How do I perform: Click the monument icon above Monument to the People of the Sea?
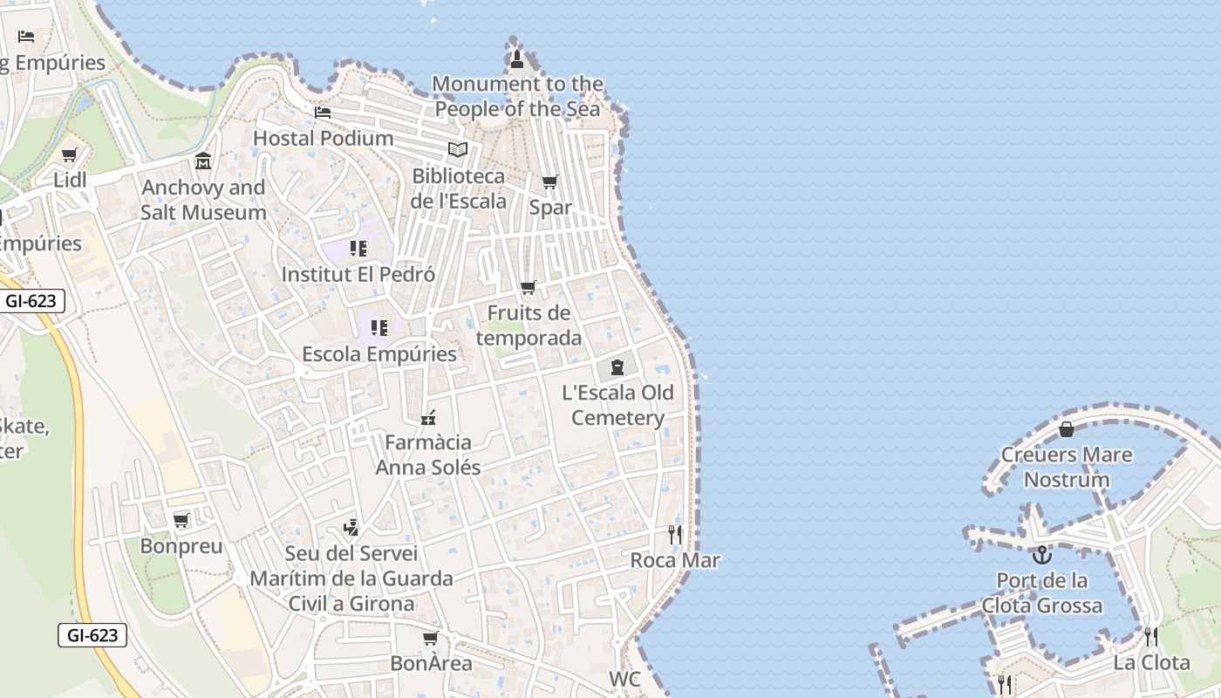(516, 59)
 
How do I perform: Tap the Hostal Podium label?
(323, 138)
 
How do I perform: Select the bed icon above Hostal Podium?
(323, 113)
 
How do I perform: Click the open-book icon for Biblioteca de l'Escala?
(458, 149)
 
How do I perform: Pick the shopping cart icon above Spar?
(549, 181)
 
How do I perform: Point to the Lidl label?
(71, 180)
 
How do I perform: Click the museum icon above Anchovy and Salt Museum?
(203, 161)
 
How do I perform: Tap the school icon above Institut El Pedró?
(358, 249)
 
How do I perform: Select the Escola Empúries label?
(379, 353)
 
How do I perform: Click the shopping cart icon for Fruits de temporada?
(528, 287)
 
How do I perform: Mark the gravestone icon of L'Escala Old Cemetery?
(617, 366)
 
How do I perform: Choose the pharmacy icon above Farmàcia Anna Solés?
(427, 418)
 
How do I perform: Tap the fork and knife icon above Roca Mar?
(674, 534)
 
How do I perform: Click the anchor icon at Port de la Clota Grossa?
(1041, 555)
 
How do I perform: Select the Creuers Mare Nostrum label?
(1067, 467)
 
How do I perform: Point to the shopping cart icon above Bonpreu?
(181, 521)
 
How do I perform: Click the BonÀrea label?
(431, 663)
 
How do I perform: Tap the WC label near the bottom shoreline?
(624, 679)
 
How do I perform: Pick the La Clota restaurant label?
(1151, 662)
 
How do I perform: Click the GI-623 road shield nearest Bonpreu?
(92, 635)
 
